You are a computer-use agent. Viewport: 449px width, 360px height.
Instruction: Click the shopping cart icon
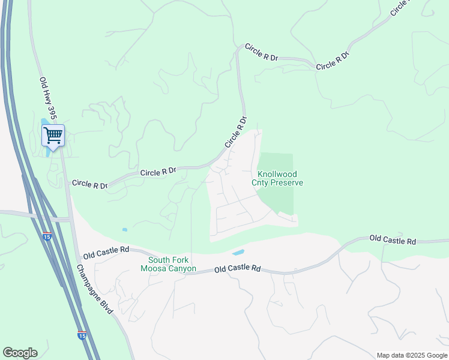pos(53,136)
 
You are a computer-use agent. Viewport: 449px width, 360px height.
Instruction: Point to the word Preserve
pos(286,183)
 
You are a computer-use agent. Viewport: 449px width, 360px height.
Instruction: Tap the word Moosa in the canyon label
pos(151,268)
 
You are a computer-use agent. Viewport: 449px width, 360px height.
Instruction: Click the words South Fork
pos(168,260)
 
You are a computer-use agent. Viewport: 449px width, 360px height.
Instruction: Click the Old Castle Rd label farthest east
pos(393,241)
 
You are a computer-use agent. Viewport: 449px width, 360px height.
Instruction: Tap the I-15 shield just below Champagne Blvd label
pos(81,335)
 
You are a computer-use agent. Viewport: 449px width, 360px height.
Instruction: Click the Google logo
pos(20,353)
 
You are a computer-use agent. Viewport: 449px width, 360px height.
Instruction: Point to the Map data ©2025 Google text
pos(412,355)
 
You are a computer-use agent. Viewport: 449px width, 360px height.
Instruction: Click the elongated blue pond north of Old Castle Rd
pos(238,253)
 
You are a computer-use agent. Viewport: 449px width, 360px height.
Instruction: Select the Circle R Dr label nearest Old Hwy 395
pos(89,184)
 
